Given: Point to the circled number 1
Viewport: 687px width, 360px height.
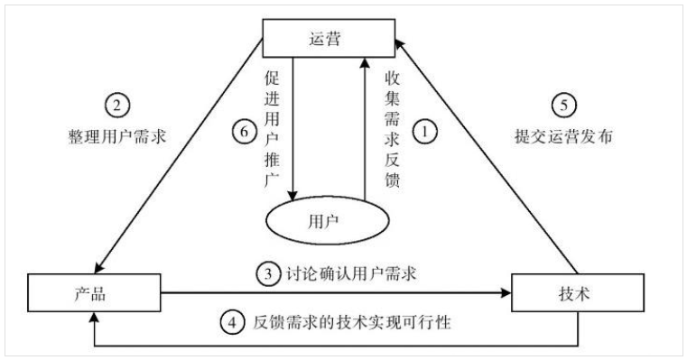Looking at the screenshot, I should (x=425, y=131).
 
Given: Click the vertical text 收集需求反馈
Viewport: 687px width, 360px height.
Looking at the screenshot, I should (x=391, y=126).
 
